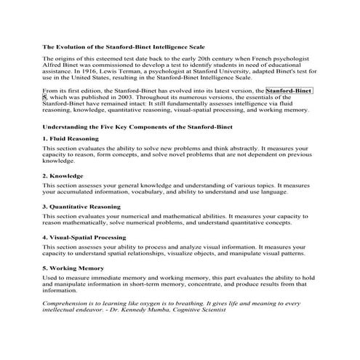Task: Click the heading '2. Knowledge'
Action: pos(63,175)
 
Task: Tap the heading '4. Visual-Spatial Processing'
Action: pos(84,237)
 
